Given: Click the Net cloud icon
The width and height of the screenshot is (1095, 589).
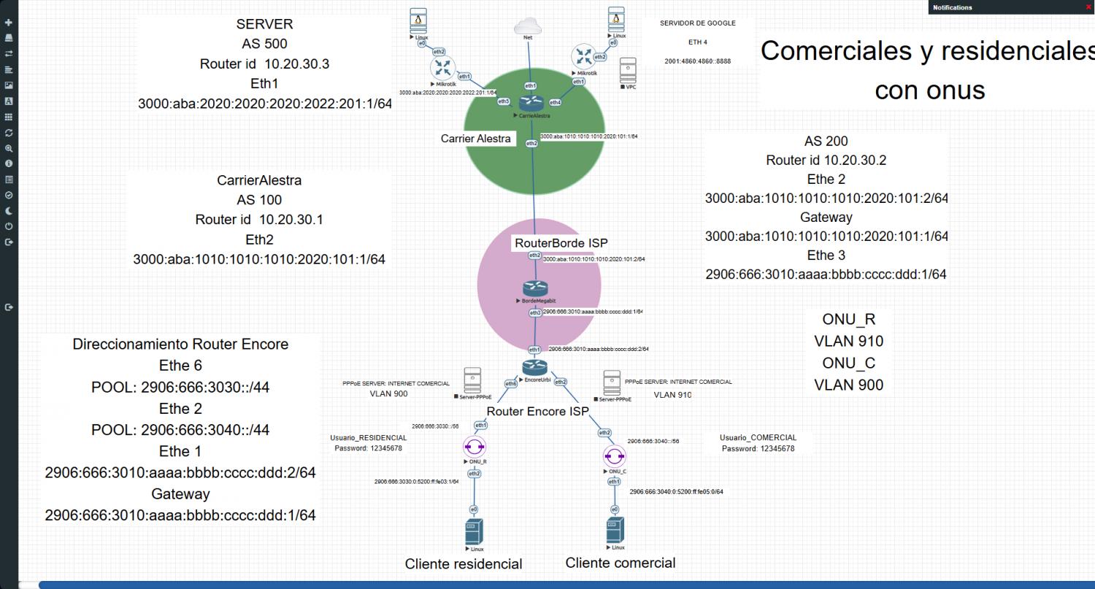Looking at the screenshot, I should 528,26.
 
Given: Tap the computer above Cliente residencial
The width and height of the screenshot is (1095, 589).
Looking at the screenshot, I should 474,531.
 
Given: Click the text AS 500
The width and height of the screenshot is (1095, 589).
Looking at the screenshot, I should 264,44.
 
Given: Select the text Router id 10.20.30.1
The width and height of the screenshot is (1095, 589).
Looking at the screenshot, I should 259,220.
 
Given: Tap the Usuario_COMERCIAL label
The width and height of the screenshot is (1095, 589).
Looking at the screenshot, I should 758,438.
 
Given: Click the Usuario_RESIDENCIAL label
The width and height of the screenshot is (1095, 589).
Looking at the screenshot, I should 368,438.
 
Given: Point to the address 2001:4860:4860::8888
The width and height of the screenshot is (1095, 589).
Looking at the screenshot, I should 697,61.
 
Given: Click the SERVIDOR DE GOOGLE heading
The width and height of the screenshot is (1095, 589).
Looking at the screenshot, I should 697,23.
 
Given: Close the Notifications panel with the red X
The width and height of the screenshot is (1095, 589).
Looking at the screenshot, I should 1088,7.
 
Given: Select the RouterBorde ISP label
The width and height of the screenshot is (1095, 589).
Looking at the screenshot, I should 561,243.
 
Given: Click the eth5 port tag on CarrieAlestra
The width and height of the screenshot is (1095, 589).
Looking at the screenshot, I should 504,101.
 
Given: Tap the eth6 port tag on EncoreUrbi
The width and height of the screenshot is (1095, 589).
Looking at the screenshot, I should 510,383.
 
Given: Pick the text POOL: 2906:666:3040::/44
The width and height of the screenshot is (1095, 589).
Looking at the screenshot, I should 180,430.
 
